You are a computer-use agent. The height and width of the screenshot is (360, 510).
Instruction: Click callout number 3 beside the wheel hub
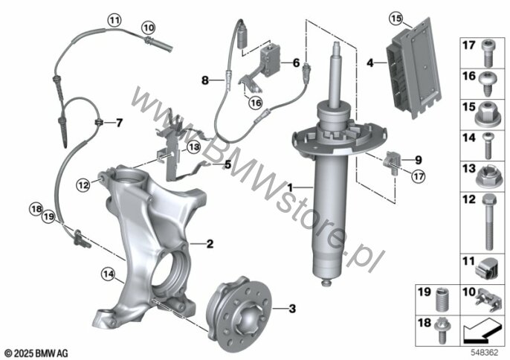pyautogui.click(x=292, y=307)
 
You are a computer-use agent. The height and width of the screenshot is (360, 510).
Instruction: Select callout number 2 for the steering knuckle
pyautogui.click(x=210, y=242)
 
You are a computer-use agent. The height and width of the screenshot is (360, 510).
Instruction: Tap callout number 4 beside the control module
pyautogui.click(x=369, y=65)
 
